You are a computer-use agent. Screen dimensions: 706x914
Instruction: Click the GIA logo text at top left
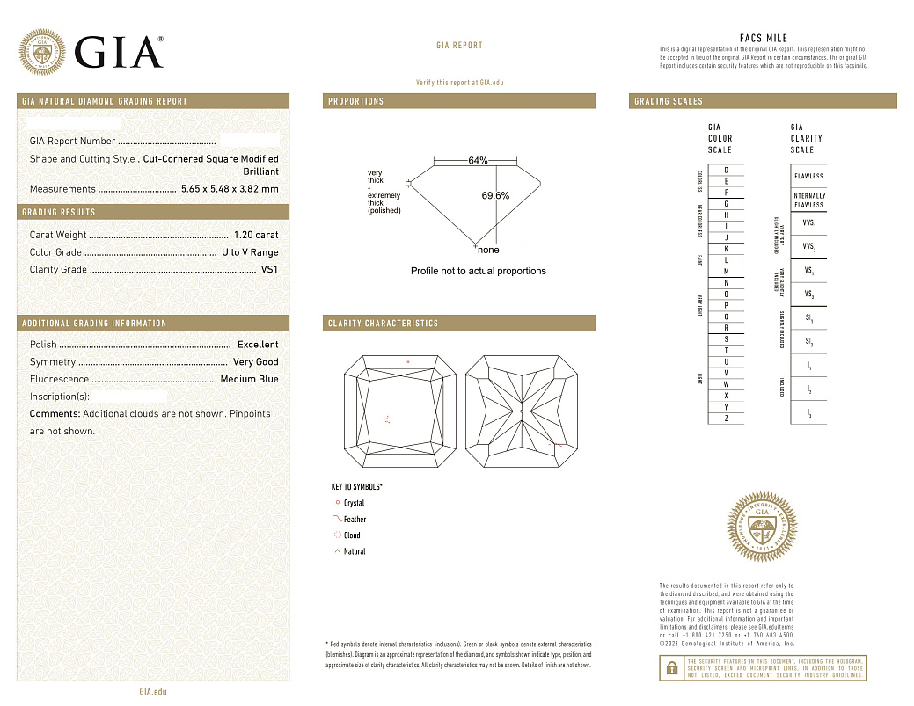119,52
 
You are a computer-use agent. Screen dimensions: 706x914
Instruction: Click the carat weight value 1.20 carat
256,235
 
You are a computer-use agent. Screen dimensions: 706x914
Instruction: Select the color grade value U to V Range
250,252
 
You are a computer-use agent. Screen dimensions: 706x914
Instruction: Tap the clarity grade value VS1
269,270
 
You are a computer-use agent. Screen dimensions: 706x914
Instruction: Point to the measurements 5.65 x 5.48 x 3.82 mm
230,189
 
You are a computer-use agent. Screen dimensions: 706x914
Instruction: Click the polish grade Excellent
258,345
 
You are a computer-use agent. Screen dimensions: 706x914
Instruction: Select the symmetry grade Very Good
255,362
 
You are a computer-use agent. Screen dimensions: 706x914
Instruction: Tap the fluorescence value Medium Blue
249,379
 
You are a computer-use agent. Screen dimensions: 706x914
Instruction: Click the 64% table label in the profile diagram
478,161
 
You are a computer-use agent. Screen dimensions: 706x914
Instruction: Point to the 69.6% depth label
495,195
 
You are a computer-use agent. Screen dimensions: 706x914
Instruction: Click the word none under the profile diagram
488,251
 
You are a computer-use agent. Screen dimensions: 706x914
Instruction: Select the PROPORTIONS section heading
356,101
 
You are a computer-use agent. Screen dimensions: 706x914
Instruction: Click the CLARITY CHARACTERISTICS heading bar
383,324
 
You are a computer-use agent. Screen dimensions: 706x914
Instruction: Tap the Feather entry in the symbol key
355,520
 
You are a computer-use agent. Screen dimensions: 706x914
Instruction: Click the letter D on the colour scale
726,170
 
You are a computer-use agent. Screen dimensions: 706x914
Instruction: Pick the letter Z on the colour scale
726,419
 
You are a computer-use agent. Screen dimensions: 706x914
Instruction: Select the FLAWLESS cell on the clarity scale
808,176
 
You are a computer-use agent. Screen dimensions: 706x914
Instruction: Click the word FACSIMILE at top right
764,39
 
